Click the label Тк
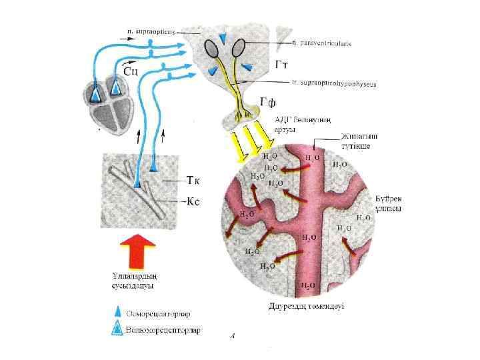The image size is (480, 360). point(194,180)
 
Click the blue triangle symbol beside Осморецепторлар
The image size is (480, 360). point(117,311)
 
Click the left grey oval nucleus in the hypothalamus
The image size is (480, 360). point(211,47)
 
